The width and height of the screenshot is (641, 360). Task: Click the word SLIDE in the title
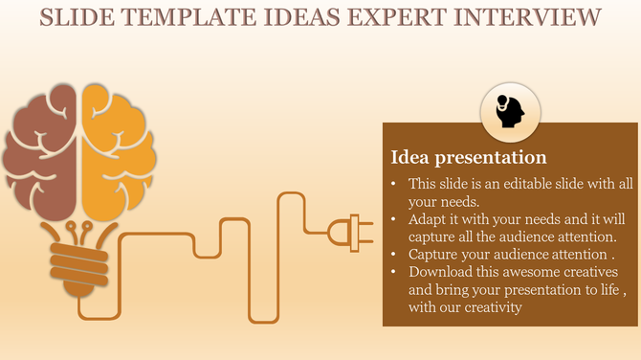pyautogui.click(x=75, y=16)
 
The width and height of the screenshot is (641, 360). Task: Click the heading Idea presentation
pyautogui.click(x=469, y=157)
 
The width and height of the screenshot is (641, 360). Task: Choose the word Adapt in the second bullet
pyautogui.click(x=428, y=219)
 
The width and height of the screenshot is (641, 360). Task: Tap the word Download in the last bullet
pyautogui.click(x=440, y=272)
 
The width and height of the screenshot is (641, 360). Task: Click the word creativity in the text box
pyautogui.click(x=490, y=307)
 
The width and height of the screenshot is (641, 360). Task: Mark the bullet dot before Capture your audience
pyautogui.click(x=395, y=255)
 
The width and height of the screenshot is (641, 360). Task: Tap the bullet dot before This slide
pyautogui.click(x=395, y=184)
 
